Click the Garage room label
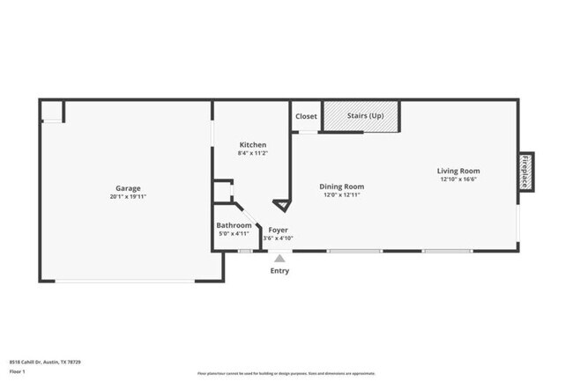click(128, 188)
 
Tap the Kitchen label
click(253, 145)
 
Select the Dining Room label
click(341, 187)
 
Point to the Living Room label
click(458, 171)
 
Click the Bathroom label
click(234, 226)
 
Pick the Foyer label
click(279, 230)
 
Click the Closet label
click(306, 116)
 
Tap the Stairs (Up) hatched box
click(361, 116)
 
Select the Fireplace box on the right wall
click(525, 171)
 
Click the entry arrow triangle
click(279, 258)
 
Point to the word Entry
click(279, 271)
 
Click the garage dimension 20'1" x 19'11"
click(128, 197)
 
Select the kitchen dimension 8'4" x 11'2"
click(253, 154)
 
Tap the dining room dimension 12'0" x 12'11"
click(341, 195)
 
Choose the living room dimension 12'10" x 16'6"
click(458, 180)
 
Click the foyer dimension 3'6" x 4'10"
click(279, 238)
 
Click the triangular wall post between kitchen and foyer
click(281, 206)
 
